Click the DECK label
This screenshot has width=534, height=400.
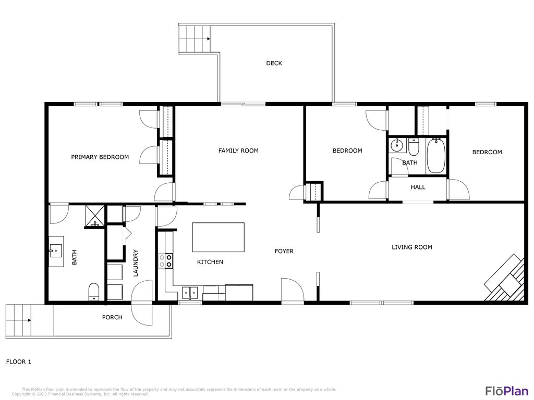click(274, 63)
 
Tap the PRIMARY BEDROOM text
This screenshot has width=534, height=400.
click(100, 157)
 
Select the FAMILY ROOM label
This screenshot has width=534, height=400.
click(238, 151)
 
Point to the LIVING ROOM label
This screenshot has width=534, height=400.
click(411, 247)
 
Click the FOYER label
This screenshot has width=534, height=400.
click(284, 251)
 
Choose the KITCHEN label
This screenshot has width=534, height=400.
click(210, 262)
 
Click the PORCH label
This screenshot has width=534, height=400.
click(112, 317)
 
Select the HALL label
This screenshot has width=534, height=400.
click(418, 187)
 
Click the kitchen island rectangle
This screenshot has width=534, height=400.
click(219, 237)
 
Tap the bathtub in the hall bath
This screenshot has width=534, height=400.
click(436, 155)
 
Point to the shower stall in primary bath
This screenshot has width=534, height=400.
click(95, 216)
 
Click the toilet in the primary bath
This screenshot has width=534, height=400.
click(94, 292)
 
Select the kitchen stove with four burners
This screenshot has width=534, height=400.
click(166, 260)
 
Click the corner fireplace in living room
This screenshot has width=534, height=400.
click(506, 279)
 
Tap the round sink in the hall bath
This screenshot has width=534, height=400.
click(396, 145)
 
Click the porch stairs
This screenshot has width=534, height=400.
click(18, 320)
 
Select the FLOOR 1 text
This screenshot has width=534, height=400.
click(19, 361)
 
